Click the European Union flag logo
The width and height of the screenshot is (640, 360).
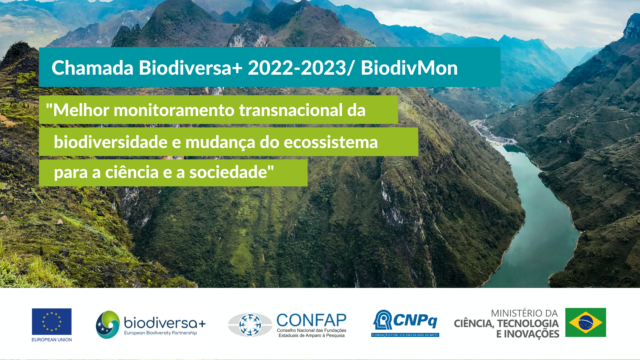[x=51, y=320]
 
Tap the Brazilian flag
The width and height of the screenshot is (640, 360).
[x=585, y=322]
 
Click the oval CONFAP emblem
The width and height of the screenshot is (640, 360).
[x=249, y=324]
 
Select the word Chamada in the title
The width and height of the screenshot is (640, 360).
[x=85, y=70]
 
